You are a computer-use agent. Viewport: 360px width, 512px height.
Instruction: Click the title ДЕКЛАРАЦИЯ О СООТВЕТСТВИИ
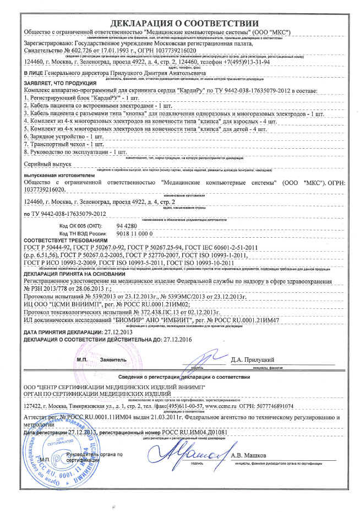184,23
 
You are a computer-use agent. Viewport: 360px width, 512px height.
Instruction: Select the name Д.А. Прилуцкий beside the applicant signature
252,360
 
